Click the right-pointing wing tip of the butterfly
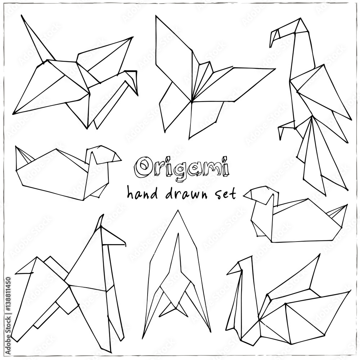pos(274,69)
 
